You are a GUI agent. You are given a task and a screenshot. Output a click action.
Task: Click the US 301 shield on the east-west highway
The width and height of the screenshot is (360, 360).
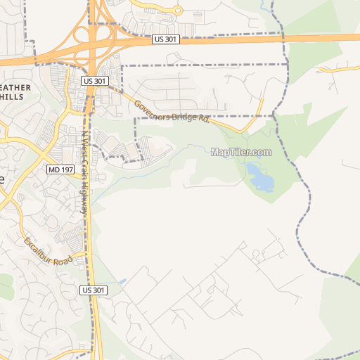167,40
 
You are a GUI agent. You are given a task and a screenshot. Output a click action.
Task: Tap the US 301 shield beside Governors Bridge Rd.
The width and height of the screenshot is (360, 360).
95,82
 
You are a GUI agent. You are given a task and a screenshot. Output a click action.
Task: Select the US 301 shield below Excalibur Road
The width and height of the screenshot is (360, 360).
94,290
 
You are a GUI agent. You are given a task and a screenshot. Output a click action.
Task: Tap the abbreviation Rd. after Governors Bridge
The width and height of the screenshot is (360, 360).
203,120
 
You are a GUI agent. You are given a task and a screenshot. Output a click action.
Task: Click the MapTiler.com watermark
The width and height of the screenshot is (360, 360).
241,152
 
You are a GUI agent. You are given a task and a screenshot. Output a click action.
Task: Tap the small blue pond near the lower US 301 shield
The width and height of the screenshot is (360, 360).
124,281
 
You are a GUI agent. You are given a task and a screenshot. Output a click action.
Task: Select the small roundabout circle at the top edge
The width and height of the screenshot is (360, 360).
178,11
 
